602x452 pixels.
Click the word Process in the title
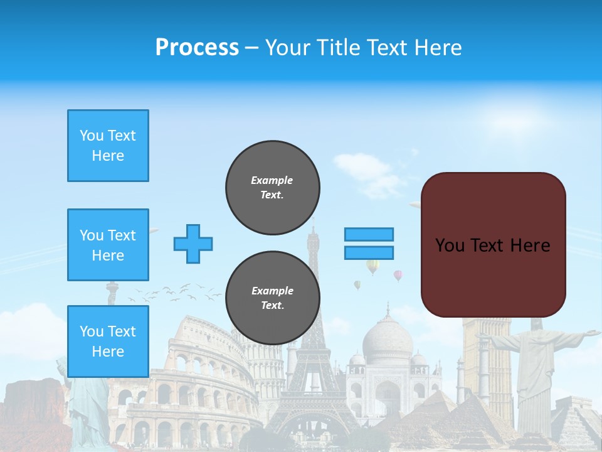coord(197,48)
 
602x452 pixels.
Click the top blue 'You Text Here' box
coord(108,146)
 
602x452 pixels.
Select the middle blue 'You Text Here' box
coord(108,245)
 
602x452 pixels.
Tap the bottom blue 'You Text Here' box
coord(108,341)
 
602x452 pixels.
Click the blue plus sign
coord(193,244)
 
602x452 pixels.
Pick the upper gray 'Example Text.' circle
coord(272,188)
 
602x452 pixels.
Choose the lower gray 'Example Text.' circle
coord(272,298)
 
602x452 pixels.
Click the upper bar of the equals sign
coord(369,234)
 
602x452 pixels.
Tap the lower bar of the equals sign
coord(369,252)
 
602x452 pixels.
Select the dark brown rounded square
coord(493,245)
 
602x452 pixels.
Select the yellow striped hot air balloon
coord(372,266)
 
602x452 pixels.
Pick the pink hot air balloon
coord(398,274)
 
